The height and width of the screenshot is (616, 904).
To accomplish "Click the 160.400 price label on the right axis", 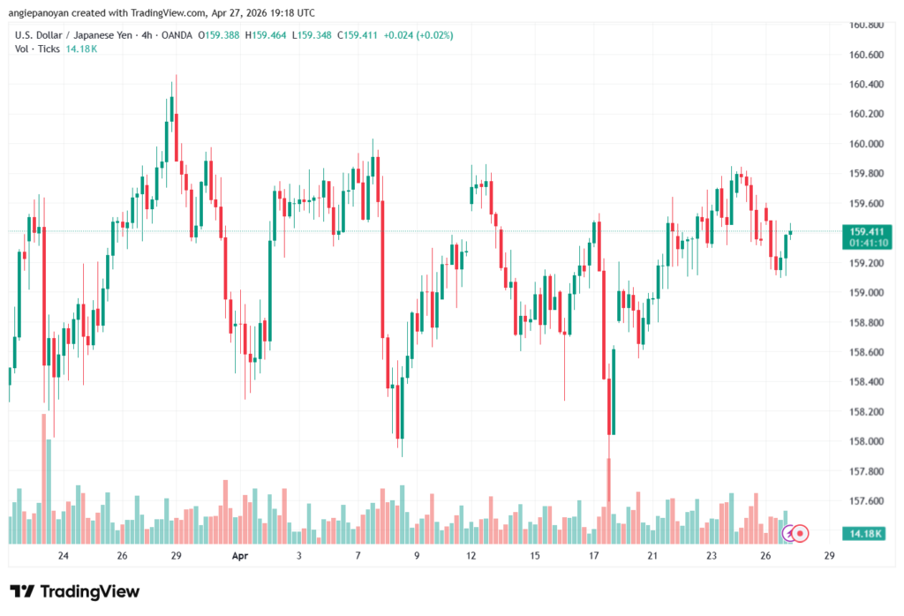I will click(865, 85).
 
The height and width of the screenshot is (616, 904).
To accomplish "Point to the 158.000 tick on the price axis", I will click(865, 442).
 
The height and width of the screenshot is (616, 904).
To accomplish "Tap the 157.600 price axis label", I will click(865, 501).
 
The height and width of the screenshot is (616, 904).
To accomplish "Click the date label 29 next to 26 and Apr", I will click(177, 556).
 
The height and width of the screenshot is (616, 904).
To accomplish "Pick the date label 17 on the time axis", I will click(594, 556).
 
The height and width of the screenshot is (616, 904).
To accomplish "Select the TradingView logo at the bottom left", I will click(74, 591).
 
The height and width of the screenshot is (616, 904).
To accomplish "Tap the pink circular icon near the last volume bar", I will click(800, 532).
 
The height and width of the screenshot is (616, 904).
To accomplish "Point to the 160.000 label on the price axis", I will click(865, 144).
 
